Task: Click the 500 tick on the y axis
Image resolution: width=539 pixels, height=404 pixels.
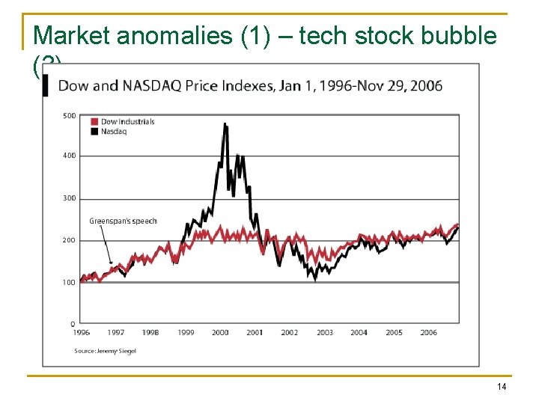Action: coord(69,115)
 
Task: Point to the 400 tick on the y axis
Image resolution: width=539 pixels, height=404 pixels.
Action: coord(69,156)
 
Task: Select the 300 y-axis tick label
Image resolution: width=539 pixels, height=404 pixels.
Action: coord(69,198)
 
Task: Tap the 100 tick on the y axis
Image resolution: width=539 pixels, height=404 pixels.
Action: coord(69,283)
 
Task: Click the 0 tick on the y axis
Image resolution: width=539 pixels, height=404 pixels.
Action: coord(73,324)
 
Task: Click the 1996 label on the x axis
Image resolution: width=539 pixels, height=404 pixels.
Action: coord(81,333)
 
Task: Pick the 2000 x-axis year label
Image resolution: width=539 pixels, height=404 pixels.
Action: coord(220,333)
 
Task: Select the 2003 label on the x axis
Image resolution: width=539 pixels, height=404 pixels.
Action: coord(325,333)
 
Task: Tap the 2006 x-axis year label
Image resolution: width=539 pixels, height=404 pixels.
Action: coord(429,333)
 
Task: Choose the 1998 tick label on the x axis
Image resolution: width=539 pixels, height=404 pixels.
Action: coord(150,333)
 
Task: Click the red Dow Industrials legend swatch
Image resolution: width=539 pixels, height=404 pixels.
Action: coord(94,122)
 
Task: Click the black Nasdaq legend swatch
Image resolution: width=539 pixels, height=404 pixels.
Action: coord(94,131)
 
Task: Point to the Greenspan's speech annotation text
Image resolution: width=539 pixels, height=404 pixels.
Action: coord(123,221)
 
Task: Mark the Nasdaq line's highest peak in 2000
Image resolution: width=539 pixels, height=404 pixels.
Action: coord(225,124)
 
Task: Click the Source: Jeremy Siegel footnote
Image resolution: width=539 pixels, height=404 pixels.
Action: coord(105,350)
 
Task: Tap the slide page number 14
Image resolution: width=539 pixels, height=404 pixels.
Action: coord(501,386)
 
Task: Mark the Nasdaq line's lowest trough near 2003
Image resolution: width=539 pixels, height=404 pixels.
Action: coord(315,279)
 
